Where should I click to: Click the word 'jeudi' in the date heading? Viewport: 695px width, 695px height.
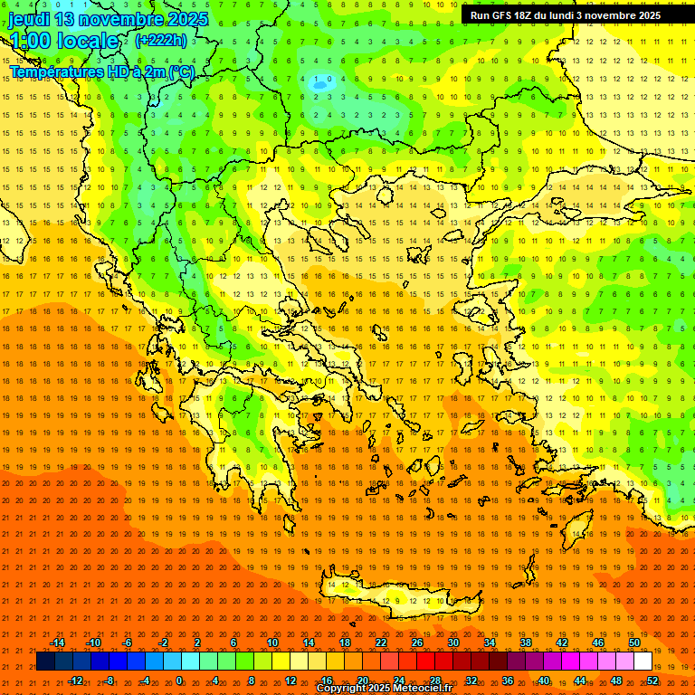click(30, 19)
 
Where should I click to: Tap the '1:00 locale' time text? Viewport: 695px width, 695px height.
click(64, 41)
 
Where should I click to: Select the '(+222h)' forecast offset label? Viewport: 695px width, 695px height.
click(161, 40)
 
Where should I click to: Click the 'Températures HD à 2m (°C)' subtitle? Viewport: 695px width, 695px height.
click(101, 71)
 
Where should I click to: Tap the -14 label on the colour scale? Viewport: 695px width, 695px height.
click(57, 643)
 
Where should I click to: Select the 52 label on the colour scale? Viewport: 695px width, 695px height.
click(652, 681)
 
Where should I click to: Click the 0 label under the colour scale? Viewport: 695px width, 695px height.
click(179, 681)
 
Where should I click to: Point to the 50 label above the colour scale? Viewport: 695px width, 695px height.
click(634, 643)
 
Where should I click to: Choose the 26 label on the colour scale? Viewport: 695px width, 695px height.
click(417, 643)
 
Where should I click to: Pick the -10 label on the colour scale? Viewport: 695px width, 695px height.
click(92, 643)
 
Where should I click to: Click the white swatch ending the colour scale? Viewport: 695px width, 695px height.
click(643, 662)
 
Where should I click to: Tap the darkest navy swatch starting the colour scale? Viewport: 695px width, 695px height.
click(45, 662)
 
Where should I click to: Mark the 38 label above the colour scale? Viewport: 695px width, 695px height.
click(526, 643)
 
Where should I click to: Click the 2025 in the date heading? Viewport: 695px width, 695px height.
click(188, 19)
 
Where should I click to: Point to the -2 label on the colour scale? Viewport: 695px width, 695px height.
click(164, 643)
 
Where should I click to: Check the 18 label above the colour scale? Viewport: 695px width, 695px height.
click(345, 643)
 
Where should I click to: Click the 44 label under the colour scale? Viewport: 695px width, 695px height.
click(580, 681)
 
